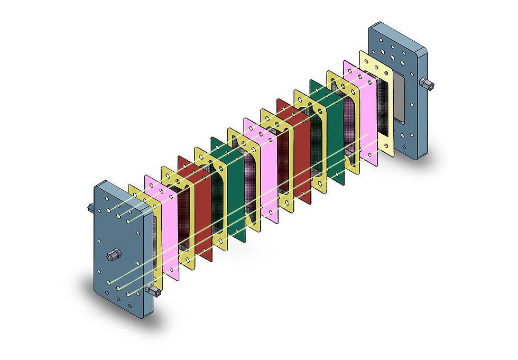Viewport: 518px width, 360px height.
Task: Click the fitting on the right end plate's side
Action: pos(426,83)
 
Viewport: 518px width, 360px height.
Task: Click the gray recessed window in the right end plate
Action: pos(400,98)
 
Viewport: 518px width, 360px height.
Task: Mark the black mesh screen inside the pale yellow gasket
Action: pos(383,106)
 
